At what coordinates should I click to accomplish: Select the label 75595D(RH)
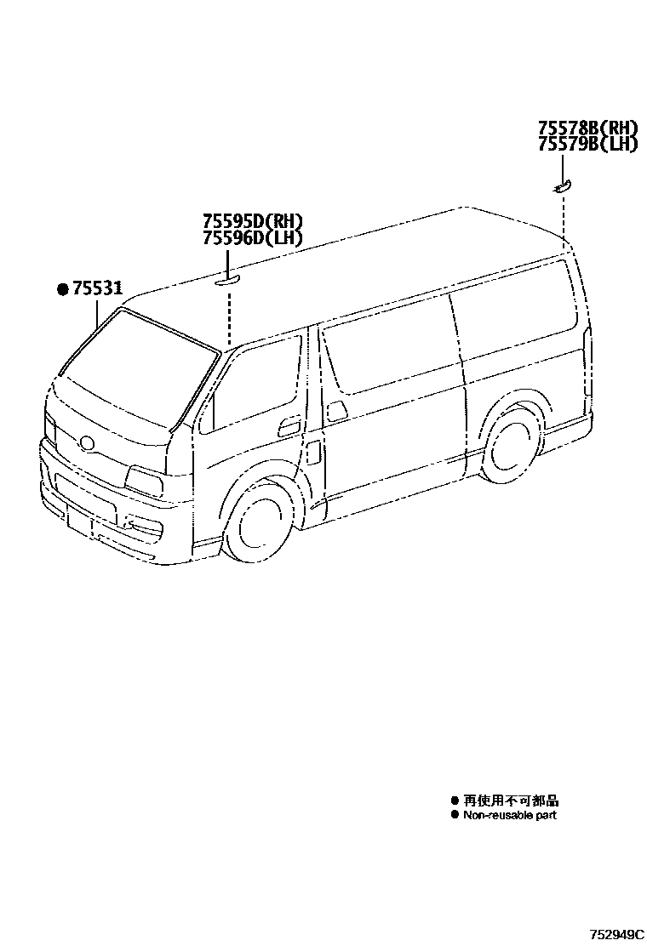[x=252, y=222]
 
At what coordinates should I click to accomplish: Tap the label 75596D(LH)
[x=252, y=238]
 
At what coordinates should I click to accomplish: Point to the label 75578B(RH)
[x=587, y=128]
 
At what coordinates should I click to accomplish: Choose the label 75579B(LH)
[x=587, y=145]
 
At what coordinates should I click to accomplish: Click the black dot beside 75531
[x=62, y=289]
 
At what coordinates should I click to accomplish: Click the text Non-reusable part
[x=509, y=815]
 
